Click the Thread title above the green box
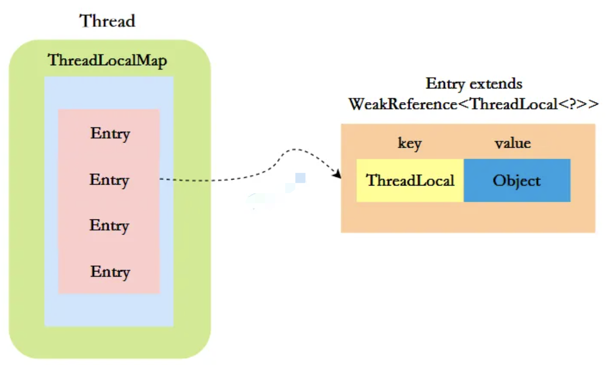point(108,21)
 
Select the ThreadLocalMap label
point(108,61)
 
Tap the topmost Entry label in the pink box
point(110,134)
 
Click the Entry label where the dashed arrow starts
point(109,180)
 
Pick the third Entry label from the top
point(109,225)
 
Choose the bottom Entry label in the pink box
point(110,272)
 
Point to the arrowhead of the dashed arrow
point(337,175)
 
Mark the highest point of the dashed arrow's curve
point(295,150)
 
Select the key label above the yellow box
point(410,144)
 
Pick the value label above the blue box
point(513,144)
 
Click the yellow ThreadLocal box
point(410,180)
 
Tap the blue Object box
point(517,180)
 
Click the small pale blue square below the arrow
point(300,177)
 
